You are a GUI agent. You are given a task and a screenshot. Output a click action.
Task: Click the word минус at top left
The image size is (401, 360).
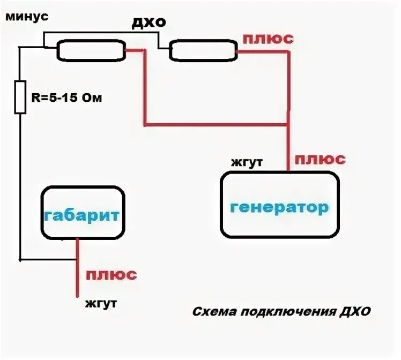point(27,17)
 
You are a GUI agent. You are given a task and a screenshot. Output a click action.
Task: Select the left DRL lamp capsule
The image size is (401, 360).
point(91,51)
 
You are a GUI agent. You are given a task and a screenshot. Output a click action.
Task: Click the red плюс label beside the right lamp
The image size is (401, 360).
point(268,39)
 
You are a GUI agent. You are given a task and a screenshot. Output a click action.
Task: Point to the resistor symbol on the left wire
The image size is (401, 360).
point(20,97)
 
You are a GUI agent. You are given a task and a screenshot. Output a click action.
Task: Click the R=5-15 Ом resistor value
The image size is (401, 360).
point(64,97)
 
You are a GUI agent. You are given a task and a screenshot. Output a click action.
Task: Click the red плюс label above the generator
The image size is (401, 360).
point(320,159)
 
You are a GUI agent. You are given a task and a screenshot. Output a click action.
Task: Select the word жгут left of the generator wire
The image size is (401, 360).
point(247,162)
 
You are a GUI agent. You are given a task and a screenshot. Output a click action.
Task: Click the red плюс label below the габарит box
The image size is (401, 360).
point(112,275)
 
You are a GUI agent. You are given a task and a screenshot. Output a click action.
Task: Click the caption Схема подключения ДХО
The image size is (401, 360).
point(280,312)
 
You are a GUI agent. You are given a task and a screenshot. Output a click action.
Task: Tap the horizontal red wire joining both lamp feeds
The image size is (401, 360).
point(214,125)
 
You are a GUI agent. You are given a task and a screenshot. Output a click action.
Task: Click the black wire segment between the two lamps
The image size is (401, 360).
point(159,42)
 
